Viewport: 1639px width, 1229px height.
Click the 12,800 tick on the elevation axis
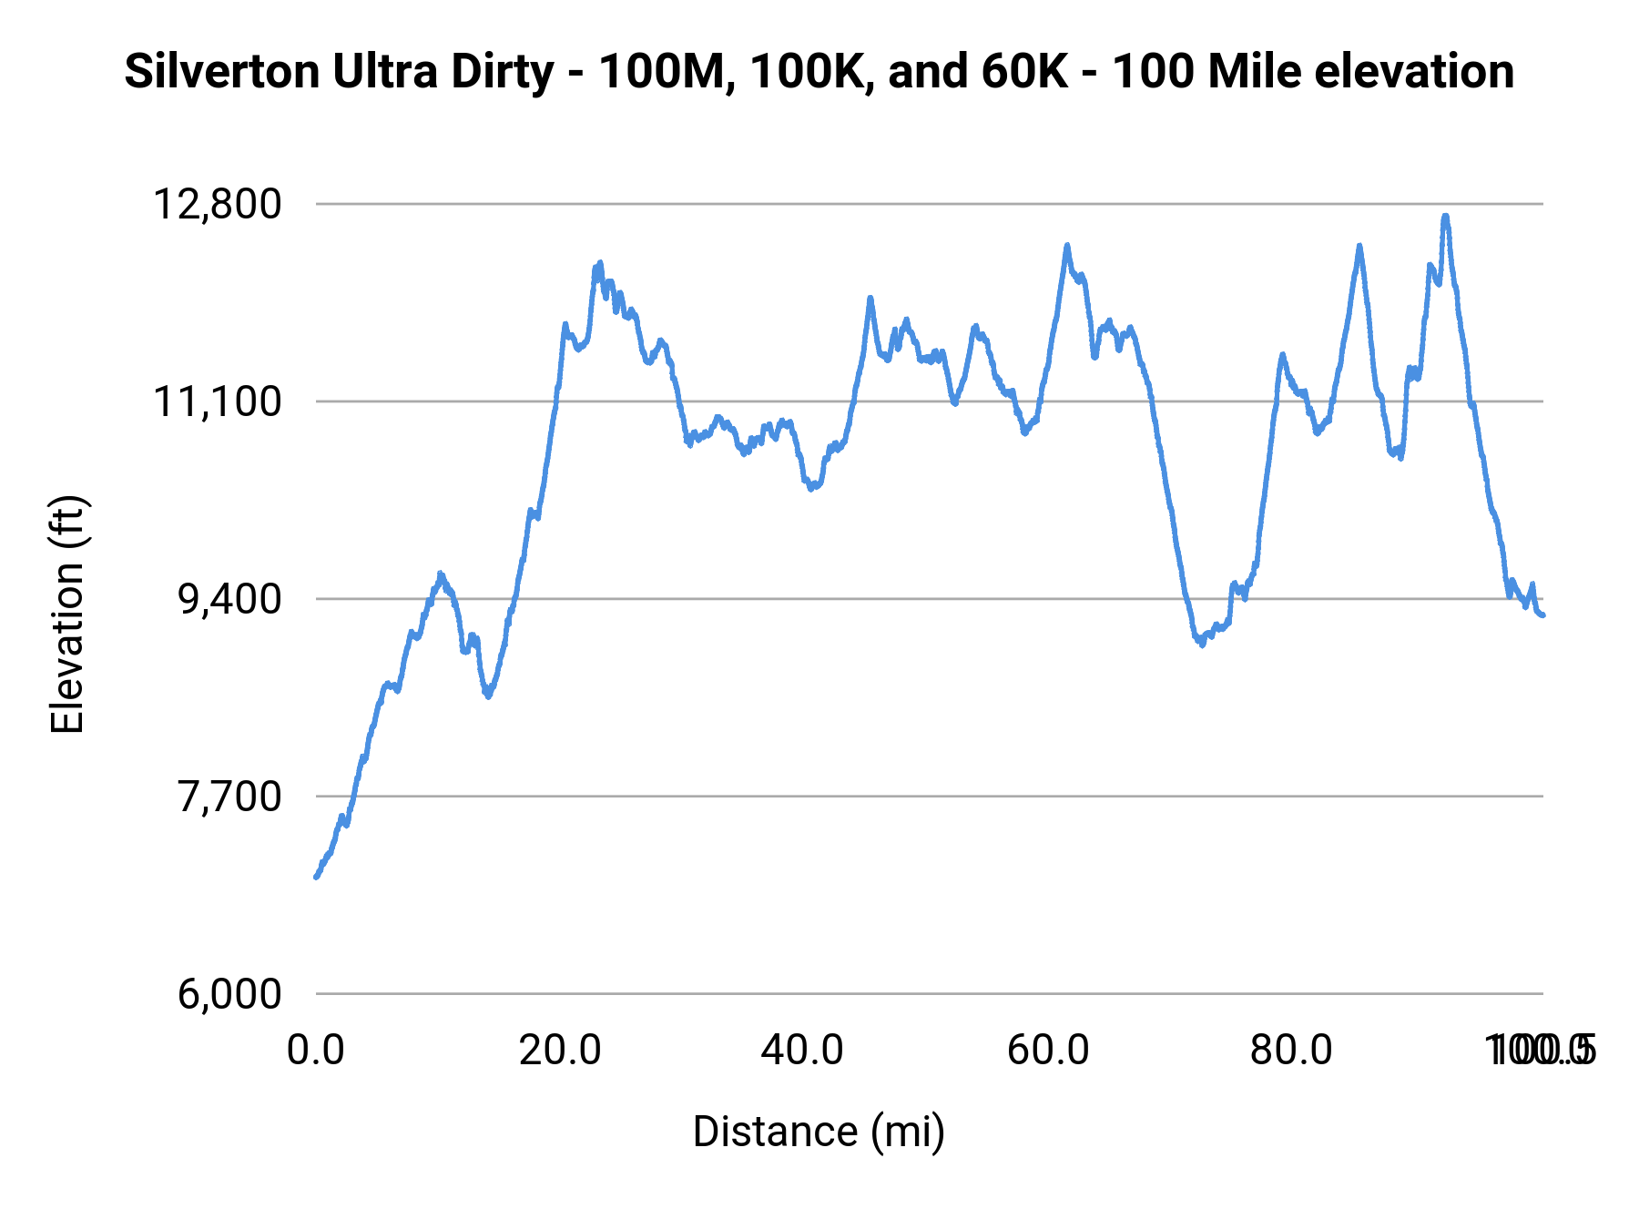point(217,204)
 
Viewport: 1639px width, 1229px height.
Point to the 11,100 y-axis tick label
point(217,401)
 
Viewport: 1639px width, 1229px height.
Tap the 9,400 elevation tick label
point(229,599)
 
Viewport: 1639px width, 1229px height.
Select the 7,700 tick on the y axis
point(229,797)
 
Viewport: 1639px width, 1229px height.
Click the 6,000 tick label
point(229,993)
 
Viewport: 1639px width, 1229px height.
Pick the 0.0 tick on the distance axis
point(315,1051)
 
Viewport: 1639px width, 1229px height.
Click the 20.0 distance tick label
point(560,1051)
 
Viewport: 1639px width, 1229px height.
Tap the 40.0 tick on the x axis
point(802,1051)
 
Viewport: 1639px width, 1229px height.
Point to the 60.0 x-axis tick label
point(1048,1051)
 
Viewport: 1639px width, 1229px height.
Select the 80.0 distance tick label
point(1291,1051)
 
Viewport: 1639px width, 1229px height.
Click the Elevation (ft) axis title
point(67,614)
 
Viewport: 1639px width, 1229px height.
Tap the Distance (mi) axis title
point(819,1132)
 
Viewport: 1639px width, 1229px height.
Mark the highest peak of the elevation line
point(1445,216)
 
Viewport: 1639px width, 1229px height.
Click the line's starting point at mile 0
point(316,877)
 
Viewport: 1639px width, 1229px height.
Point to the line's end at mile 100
point(1543,615)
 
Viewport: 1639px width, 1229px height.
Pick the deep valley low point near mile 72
point(1202,645)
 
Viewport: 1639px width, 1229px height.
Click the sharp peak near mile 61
point(1067,245)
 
